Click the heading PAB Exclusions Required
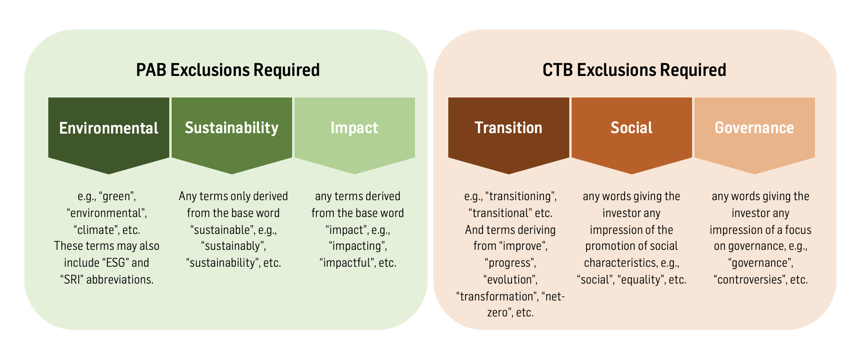click(228, 70)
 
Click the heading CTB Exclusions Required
click(634, 70)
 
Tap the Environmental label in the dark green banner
click(109, 128)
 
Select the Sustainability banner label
click(232, 128)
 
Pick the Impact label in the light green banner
click(355, 128)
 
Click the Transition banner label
click(509, 128)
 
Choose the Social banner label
click(632, 128)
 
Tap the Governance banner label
click(754, 128)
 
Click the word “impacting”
click(357, 247)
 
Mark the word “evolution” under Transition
click(510, 280)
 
